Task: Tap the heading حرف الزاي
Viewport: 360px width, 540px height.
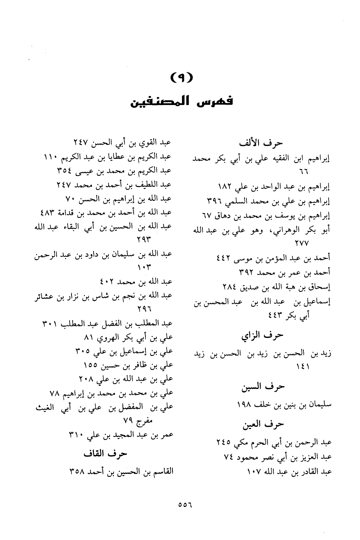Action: [x=262, y=335]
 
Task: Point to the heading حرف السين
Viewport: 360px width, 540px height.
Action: [x=263, y=387]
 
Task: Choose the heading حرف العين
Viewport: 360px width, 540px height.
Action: [x=263, y=424]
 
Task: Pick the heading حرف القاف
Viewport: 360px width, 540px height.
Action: [x=105, y=453]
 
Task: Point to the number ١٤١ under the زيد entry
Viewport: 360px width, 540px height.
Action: [x=303, y=366]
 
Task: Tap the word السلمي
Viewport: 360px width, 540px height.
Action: [x=238, y=201]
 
